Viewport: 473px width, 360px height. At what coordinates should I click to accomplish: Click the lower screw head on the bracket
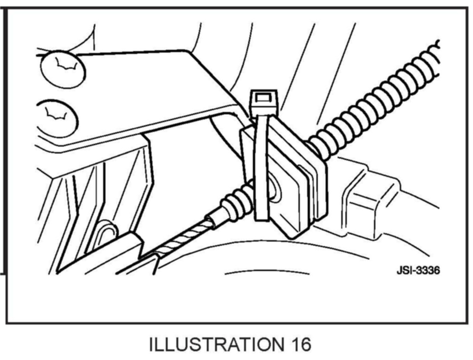(x=57, y=118)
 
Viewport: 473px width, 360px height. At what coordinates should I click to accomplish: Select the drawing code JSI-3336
(x=418, y=271)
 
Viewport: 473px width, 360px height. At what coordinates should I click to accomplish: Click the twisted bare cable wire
(x=184, y=240)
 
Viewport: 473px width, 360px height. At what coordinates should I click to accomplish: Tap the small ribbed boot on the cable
(x=237, y=203)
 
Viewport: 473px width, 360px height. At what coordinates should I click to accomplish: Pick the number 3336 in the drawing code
(x=426, y=271)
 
